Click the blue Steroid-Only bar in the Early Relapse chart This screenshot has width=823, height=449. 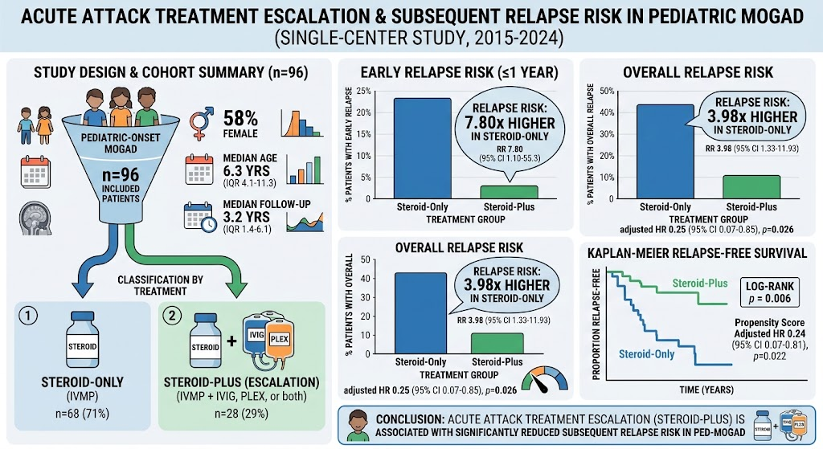423,148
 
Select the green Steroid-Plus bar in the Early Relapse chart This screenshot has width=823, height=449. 509,192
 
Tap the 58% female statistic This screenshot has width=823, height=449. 240,124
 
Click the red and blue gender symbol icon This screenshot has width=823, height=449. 202,123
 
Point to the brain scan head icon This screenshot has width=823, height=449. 35,218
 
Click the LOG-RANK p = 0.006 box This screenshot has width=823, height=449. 769,292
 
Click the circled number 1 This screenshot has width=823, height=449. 28,316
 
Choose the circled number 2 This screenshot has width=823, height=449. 172,316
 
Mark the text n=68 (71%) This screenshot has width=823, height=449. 83,414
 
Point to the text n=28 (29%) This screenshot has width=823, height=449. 241,414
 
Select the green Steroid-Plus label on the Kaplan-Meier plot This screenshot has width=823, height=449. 700,284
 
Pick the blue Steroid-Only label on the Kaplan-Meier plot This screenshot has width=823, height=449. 647,354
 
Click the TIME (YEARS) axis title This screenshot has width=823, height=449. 706,390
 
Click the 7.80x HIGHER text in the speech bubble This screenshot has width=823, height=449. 509,123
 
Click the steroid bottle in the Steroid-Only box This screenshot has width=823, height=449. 83,339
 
